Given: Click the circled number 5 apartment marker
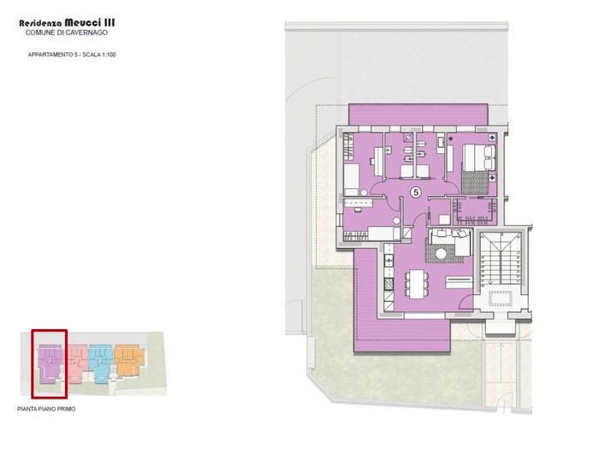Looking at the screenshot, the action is point(416,192).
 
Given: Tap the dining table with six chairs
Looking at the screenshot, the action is point(417,284).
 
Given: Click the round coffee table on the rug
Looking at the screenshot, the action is point(442,254).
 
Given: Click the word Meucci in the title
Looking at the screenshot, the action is point(83,22).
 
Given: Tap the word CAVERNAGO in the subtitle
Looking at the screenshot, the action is point(87,32).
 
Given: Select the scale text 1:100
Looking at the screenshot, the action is point(109,55).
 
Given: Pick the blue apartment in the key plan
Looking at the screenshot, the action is point(101,362).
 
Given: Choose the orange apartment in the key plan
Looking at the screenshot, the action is point(129,360).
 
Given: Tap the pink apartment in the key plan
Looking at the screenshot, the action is point(78,363).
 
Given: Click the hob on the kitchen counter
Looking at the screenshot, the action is point(388,284).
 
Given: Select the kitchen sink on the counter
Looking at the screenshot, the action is point(388,261).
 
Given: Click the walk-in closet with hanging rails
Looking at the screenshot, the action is point(475,212).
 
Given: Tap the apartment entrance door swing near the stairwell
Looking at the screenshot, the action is point(466,303).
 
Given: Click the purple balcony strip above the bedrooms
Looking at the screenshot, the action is point(418,114).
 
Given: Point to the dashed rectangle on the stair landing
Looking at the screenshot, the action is point(500,298).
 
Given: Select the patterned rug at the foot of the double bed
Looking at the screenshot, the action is point(475,183).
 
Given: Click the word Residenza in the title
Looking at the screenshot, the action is point(40,23).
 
